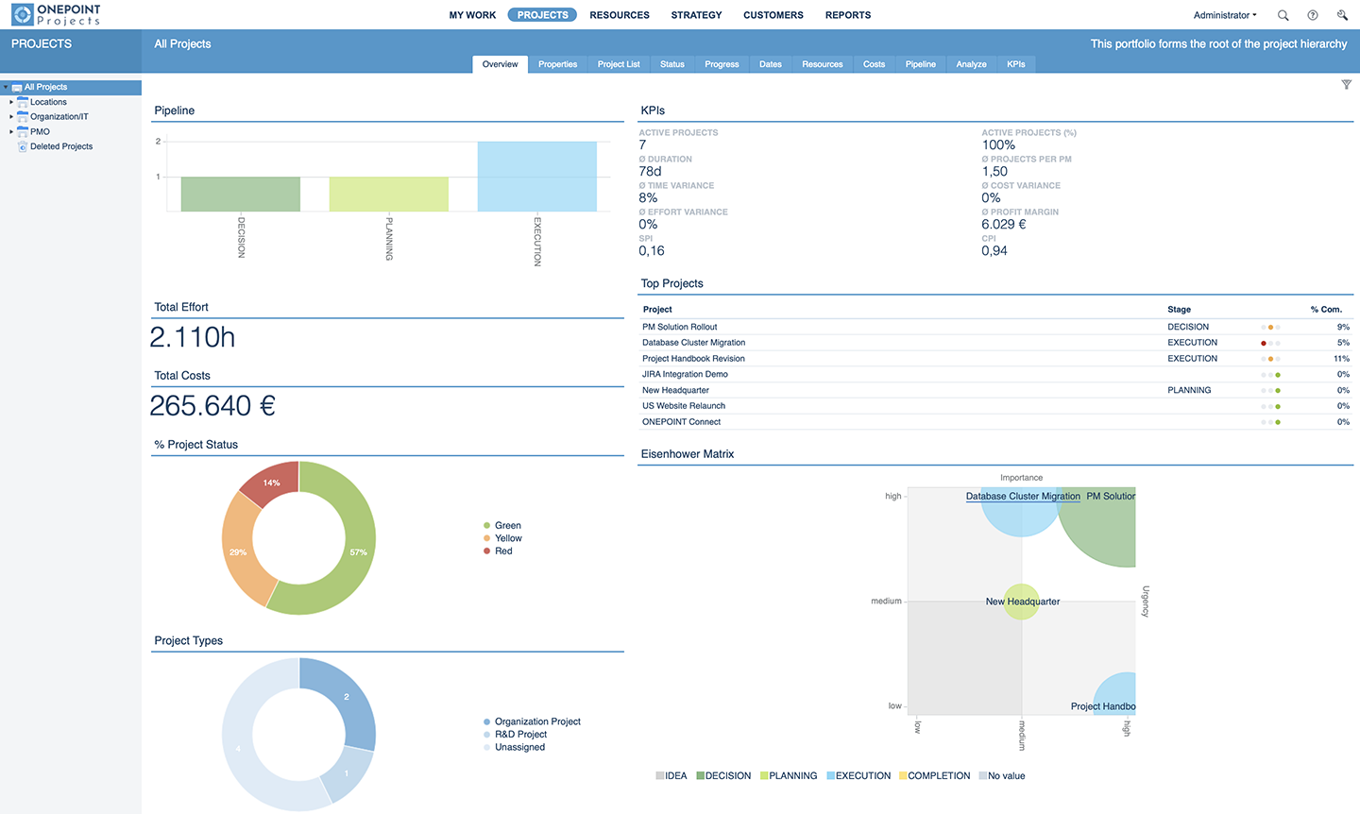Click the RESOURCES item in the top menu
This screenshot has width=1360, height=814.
pos(619,15)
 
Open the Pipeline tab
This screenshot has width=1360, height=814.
pos(920,64)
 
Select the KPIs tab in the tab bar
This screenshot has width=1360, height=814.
pos(1015,64)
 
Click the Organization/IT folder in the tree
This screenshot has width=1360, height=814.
pos(59,117)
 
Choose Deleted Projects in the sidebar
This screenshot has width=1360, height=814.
pos(61,146)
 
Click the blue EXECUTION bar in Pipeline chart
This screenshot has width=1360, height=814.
pos(536,177)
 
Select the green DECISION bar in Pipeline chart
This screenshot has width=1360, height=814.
pos(240,194)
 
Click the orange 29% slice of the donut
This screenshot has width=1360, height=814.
pos(240,551)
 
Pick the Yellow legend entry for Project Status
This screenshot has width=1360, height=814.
pos(508,538)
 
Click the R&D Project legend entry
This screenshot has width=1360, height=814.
pos(520,735)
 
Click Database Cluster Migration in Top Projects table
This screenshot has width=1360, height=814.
pos(693,343)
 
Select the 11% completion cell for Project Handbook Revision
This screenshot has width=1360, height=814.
pos(1341,359)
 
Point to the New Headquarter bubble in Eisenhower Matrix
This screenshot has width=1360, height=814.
pos(1021,602)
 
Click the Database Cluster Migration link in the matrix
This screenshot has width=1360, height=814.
pos(1022,496)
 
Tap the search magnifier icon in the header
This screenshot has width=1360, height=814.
pos(1283,15)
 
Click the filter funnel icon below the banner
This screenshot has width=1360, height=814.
pos(1346,85)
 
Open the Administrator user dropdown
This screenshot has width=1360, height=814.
pos(1224,15)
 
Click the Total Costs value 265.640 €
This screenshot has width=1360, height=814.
pos(212,406)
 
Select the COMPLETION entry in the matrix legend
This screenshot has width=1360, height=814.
pos(938,776)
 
